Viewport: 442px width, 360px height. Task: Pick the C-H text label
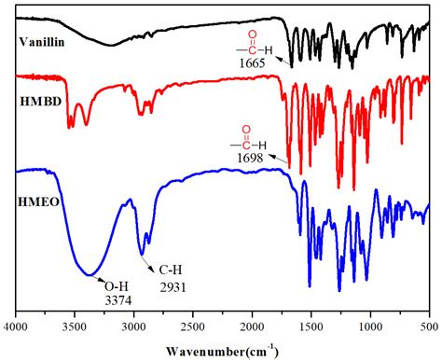coord(166,271)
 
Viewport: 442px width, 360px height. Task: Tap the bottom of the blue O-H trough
coord(90,274)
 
